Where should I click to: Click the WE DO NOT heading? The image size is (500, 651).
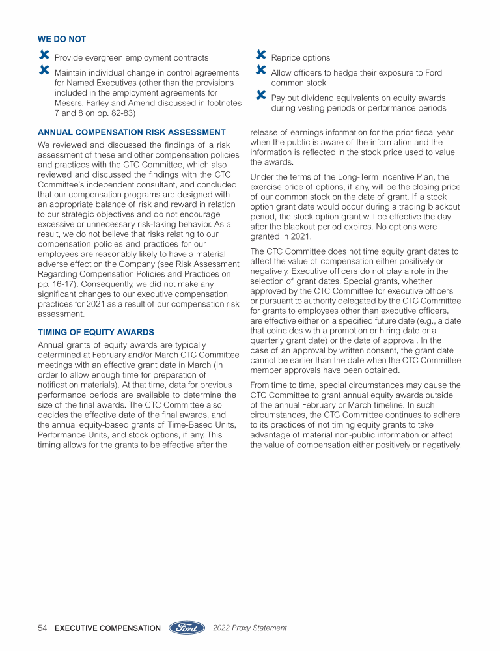pos(62,40)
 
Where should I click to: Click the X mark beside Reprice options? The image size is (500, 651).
pos(260,57)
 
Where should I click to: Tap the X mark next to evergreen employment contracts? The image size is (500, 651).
pos(44,57)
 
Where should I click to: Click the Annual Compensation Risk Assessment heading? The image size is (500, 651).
pos(132,132)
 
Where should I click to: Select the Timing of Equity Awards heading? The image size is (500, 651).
pos(96,332)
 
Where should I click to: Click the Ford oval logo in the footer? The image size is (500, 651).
pos(187,628)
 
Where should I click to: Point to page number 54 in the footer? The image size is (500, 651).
pos(43,628)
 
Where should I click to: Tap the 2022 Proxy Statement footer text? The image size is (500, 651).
pos(250,628)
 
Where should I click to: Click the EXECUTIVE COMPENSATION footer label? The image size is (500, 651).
pos(108,628)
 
